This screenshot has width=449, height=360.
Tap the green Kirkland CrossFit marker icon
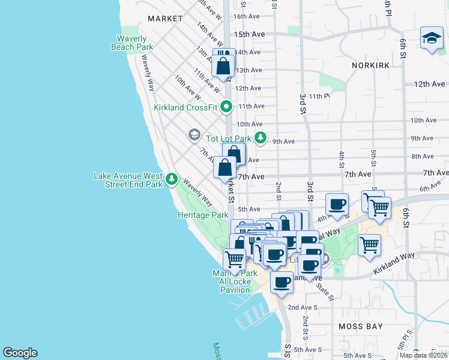226,107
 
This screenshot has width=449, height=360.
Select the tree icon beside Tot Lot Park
260,139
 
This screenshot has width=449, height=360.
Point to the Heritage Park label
203,215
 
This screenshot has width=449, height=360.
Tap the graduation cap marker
432,39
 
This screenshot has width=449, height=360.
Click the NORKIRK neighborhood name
372,65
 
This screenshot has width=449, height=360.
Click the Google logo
20,353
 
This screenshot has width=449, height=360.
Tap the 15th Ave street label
250,35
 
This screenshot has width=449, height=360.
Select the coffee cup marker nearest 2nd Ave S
282,282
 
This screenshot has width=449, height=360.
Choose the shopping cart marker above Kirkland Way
369,244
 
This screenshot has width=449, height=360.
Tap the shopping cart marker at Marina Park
234,259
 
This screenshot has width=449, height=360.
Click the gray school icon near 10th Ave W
194,135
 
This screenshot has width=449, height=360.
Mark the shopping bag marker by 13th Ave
223,66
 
